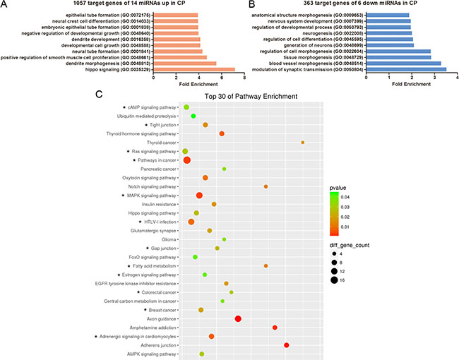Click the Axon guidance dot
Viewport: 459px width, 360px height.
click(238, 319)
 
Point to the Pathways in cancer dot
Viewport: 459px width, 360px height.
click(186, 160)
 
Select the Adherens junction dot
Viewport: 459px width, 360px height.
click(287, 345)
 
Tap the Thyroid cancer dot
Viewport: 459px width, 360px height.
click(303, 143)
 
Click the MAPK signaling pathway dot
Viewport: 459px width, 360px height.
click(199, 196)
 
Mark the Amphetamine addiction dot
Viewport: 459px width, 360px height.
click(275, 328)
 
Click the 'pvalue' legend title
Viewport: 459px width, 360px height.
click(339, 189)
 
